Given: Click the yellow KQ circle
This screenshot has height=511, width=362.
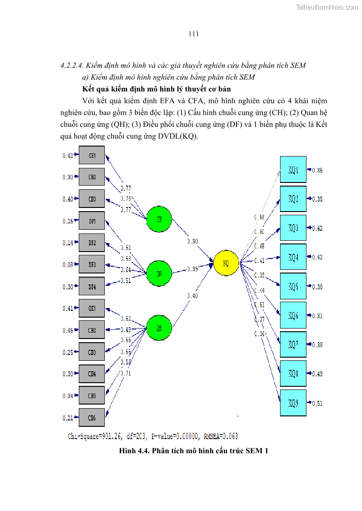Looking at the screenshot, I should pyautogui.click(x=226, y=263).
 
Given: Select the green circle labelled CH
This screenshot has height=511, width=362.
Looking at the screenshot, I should pyautogui.click(x=159, y=220).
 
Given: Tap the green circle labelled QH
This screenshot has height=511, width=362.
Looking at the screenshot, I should pyautogui.click(x=159, y=327).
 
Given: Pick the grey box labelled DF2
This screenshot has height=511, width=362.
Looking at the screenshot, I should pyautogui.click(x=92, y=243).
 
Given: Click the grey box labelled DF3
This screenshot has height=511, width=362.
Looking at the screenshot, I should pyautogui.click(x=92, y=264).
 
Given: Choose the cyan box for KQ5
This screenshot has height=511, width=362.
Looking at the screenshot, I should pyautogui.click(x=293, y=286).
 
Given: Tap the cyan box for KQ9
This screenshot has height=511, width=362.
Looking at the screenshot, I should pyautogui.click(x=293, y=403).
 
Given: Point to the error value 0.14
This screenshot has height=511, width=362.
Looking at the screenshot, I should pyautogui.click(x=67, y=243).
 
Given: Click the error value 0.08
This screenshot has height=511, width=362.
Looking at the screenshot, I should pyautogui.click(x=67, y=265).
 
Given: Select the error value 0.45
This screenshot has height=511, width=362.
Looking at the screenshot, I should pyautogui.click(x=67, y=330).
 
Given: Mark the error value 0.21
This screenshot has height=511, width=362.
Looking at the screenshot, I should pyautogui.click(x=67, y=418).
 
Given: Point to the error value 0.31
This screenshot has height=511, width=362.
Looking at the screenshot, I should pyautogui.click(x=317, y=316).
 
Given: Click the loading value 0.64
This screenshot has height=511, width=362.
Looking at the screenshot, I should pyautogui.click(x=126, y=270).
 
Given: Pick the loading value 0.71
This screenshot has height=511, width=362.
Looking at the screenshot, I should pyautogui.click(x=126, y=373).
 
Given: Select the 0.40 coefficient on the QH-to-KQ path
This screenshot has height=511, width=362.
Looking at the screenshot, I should pyautogui.click(x=193, y=296).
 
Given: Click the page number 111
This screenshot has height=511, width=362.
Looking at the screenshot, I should pyautogui.click(x=193, y=34).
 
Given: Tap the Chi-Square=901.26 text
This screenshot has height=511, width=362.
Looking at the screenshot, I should pyautogui.click(x=95, y=436).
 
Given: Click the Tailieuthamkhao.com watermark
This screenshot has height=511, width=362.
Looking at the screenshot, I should pyautogui.click(x=326, y=7).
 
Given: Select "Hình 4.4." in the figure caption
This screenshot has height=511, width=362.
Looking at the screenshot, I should pyautogui.click(x=134, y=451).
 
